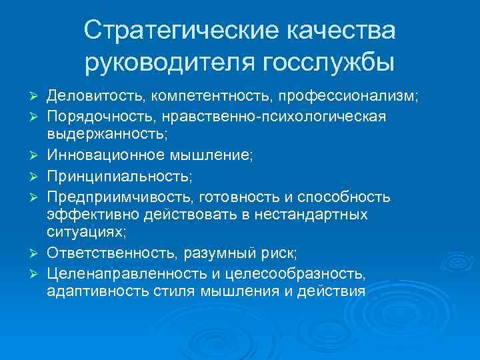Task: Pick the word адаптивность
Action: click(90, 291)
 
